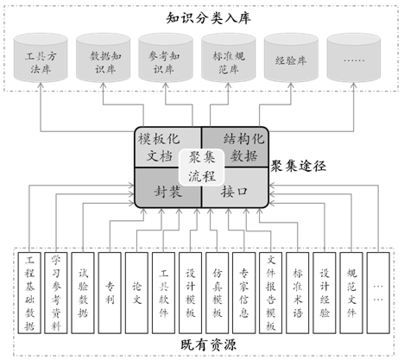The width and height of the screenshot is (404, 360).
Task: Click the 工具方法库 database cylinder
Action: [x=41, y=58]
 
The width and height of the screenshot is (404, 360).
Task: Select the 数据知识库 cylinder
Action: [x=103, y=58]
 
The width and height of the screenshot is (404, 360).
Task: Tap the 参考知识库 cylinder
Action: [x=166, y=58]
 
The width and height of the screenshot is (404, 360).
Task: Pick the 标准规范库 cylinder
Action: [x=228, y=58]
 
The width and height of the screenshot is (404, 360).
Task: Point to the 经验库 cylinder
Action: [x=291, y=58]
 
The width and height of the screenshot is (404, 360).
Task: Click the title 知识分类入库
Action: [x=209, y=18]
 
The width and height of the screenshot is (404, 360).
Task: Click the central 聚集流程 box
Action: [x=201, y=167]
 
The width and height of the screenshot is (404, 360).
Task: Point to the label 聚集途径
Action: [x=298, y=167]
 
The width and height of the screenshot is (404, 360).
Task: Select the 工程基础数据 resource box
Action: [x=29, y=293]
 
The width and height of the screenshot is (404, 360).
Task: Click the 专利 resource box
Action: [x=110, y=293]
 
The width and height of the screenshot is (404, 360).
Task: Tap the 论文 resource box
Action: [x=136, y=293]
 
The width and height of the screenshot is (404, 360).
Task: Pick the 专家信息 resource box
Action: [x=243, y=293]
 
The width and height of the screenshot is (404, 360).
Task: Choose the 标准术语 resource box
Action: [x=298, y=293]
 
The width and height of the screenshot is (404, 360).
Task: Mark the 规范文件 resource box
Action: [x=351, y=293]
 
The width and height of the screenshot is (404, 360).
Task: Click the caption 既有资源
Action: [x=209, y=345]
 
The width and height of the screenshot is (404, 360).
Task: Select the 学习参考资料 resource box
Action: [x=56, y=293]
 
